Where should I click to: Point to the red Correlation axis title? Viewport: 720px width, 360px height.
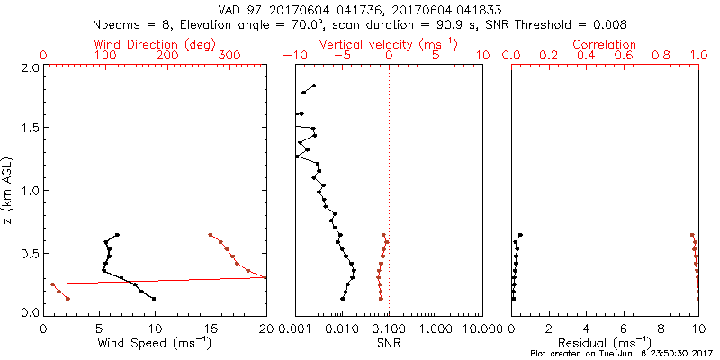pyautogui.click(x=604, y=43)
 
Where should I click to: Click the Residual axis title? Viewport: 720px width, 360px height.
pyautogui.click(x=604, y=343)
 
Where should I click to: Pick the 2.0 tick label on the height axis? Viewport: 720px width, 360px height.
pyautogui.click(x=29, y=67)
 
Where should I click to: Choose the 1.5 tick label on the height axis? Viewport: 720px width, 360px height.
pyautogui.click(x=29, y=129)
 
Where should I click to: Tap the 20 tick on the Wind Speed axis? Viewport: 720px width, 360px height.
pyautogui.click(x=266, y=329)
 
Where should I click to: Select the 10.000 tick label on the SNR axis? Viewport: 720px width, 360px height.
pyautogui.click(x=474, y=329)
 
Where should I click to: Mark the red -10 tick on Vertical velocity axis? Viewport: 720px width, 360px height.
pyautogui.click(x=293, y=56)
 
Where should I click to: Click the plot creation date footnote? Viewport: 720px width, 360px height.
pyautogui.click(x=622, y=354)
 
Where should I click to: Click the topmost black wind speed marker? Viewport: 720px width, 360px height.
pyautogui.click(x=117, y=235)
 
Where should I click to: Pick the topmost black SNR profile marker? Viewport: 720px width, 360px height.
pyautogui.click(x=314, y=85)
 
